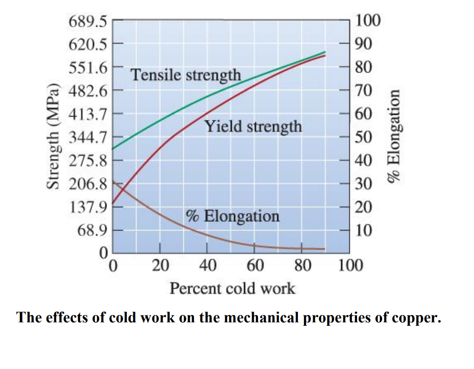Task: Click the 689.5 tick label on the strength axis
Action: [87, 20]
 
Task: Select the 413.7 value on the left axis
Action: [87, 114]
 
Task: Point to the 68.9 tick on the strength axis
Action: [91, 231]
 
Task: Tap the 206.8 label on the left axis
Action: [87, 184]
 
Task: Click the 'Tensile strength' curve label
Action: [186, 75]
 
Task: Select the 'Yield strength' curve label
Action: [253, 126]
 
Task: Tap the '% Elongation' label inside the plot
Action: [232, 215]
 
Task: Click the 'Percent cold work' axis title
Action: [232, 288]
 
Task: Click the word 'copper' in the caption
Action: [415, 318]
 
